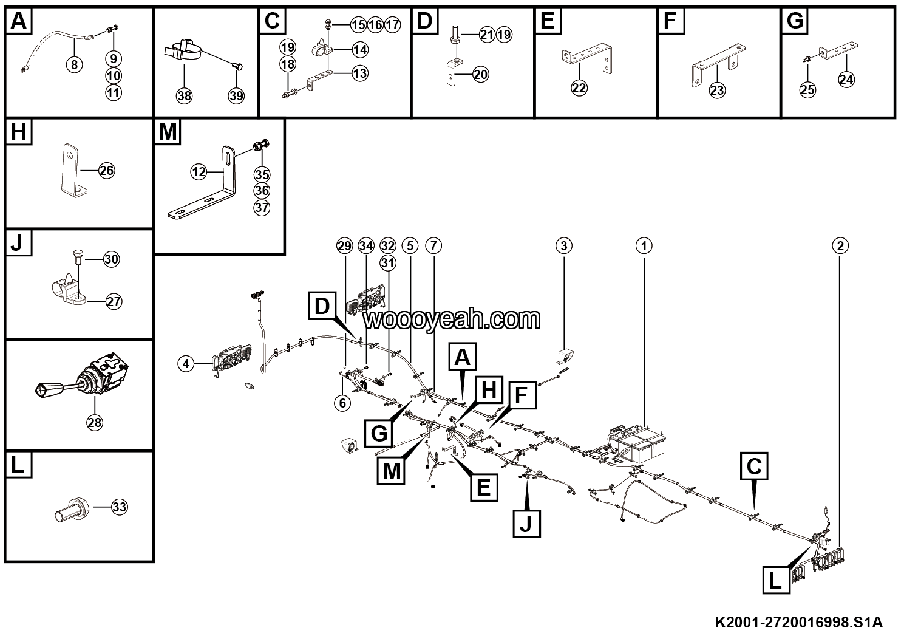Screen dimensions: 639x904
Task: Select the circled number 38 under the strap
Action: (x=184, y=95)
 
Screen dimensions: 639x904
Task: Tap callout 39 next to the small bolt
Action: (x=236, y=95)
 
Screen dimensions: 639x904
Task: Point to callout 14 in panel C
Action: (x=360, y=49)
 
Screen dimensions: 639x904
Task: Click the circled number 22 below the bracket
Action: (x=579, y=87)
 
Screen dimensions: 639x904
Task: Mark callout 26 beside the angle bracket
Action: (x=106, y=171)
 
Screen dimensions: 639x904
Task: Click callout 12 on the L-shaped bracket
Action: (x=199, y=172)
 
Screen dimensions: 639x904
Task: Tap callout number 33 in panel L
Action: (x=120, y=507)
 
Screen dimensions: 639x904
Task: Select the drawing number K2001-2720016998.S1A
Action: (x=798, y=623)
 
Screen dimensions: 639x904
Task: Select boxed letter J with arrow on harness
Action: (x=526, y=522)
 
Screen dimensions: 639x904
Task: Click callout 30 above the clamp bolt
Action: (x=111, y=259)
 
